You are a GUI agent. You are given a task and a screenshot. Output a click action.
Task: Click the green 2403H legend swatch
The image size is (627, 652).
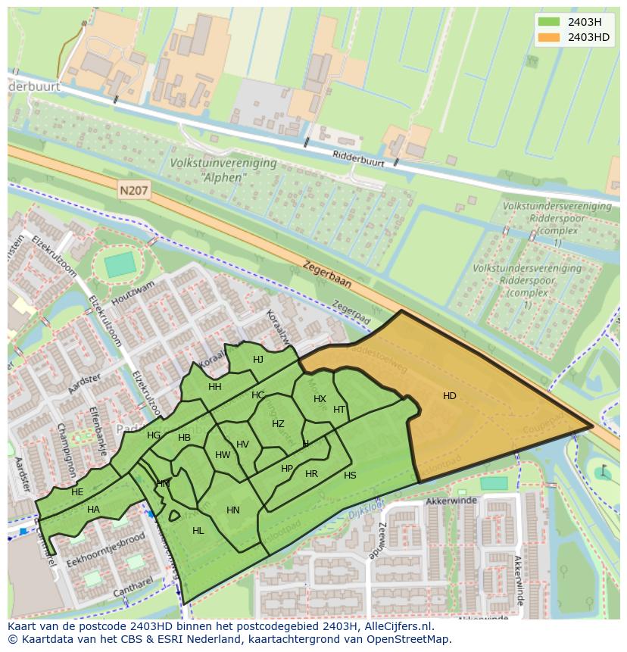pyautogui.click(x=549, y=22)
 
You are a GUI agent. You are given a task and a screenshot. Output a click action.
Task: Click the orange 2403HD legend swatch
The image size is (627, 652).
pyautogui.click(x=549, y=37)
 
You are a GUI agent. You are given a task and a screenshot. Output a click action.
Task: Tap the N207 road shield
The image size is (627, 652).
pyautogui.click(x=133, y=192)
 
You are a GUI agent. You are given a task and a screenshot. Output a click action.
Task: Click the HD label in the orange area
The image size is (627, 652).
pyautogui.click(x=450, y=396)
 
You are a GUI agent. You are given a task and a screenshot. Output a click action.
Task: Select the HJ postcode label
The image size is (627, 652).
pyautogui.click(x=258, y=360)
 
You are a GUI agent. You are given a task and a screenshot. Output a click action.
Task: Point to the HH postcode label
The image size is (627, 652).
pyautogui.click(x=215, y=387)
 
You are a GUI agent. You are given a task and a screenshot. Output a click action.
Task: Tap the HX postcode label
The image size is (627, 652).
pyautogui.click(x=320, y=399)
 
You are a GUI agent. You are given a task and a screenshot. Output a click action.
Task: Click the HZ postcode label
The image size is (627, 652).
pyautogui.click(x=278, y=424)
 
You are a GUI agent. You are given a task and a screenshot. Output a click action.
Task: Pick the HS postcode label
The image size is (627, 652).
pyautogui.click(x=350, y=476)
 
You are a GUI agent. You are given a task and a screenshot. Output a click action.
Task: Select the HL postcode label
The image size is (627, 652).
pyautogui.click(x=198, y=531)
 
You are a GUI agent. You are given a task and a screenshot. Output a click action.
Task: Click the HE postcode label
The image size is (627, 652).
pyautogui.click(x=77, y=492)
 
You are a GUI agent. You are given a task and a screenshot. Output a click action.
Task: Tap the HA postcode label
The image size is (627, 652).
pyautogui.click(x=93, y=510)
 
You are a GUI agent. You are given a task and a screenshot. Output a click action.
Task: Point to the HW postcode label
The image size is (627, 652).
pyautogui.click(x=223, y=455)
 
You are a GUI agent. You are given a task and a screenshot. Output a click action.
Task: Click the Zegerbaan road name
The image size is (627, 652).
pyautogui.click(x=327, y=274)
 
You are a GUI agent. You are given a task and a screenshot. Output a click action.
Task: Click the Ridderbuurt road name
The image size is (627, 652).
pyautogui.click(x=359, y=158)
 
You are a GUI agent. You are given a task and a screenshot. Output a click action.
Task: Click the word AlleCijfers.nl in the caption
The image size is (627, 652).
pyautogui.click(x=395, y=626)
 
